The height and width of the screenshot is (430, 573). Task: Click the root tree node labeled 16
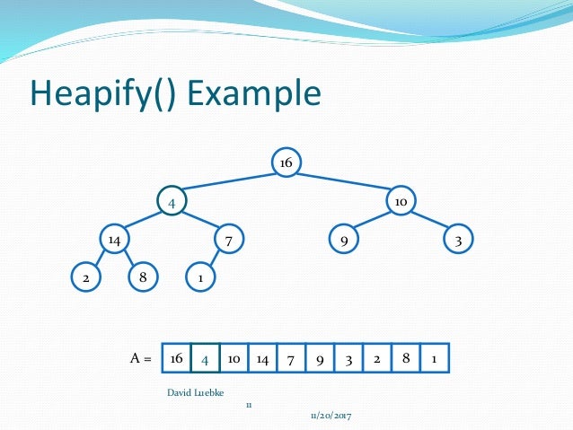click(x=286, y=162)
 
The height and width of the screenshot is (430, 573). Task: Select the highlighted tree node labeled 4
click(x=172, y=202)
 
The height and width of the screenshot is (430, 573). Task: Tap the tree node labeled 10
click(x=401, y=202)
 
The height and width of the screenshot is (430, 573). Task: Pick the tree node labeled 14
click(x=114, y=240)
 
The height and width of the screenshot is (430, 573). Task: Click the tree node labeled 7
click(x=229, y=240)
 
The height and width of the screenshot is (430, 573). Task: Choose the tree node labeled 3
click(x=458, y=240)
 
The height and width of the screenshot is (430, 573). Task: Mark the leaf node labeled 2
click(x=85, y=277)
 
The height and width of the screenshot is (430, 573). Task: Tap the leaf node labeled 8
click(x=143, y=277)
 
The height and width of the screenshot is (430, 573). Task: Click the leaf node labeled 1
click(x=200, y=277)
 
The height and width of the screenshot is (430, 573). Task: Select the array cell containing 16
click(x=176, y=358)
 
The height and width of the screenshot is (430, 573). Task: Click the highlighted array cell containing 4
click(x=205, y=358)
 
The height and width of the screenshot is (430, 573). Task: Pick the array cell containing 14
click(x=262, y=358)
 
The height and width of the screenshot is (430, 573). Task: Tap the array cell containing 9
click(x=320, y=358)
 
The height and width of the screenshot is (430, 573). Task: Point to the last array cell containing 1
click(x=434, y=358)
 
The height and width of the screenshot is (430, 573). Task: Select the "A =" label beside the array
click(x=140, y=358)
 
